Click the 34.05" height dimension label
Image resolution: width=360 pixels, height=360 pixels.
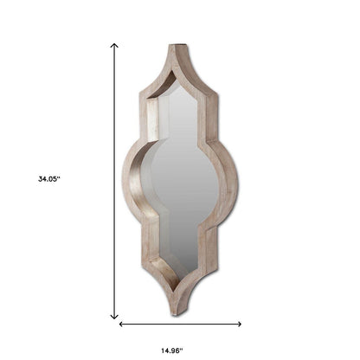[x=49, y=179]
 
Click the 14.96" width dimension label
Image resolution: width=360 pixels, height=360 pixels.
[x=172, y=350]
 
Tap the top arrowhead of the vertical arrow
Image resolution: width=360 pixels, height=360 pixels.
[x=114, y=46]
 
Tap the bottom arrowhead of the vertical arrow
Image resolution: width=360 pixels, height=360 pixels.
[x=114, y=316]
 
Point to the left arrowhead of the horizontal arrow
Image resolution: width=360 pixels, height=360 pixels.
[x=121, y=324]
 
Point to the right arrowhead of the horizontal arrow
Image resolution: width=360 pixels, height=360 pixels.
[x=239, y=324]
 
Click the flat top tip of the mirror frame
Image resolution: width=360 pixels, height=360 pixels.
[x=177, y=45]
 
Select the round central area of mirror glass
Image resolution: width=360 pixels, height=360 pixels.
[x=184, y=180]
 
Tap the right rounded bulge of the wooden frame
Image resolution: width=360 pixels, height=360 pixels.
[x=231, y=182]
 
